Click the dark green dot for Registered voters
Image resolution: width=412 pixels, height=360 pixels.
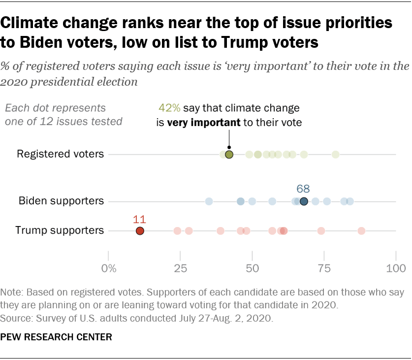(229, 155)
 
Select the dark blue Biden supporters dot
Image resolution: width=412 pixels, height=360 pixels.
(304, 201)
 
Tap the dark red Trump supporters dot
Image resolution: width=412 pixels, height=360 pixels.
(140, 230)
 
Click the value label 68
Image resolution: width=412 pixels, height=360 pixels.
(303, 189)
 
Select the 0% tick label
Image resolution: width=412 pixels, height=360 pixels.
(108, 268)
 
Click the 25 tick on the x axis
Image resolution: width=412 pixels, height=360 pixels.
(180, 268)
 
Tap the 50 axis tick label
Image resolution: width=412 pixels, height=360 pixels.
(253, 268)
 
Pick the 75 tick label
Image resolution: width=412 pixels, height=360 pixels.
(324, 268)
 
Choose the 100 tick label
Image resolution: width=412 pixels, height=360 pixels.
(396, 268)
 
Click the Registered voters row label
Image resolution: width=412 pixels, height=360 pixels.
(60, 154)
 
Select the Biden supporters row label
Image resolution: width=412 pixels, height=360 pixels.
(61, 201)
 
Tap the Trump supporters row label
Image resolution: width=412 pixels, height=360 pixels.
(60, 230)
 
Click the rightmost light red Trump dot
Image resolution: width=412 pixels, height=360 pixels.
(361, 230)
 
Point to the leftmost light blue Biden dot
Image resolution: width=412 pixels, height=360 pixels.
(209, 201)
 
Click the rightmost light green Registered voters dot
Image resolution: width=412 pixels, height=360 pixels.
(335, 155)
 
